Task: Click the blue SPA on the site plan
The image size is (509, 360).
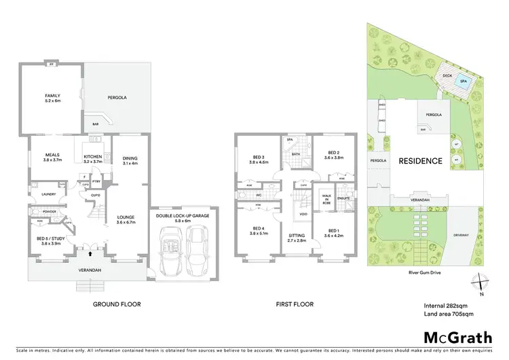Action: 464,81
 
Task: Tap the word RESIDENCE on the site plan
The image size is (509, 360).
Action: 420,161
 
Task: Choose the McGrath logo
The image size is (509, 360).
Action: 449,337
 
